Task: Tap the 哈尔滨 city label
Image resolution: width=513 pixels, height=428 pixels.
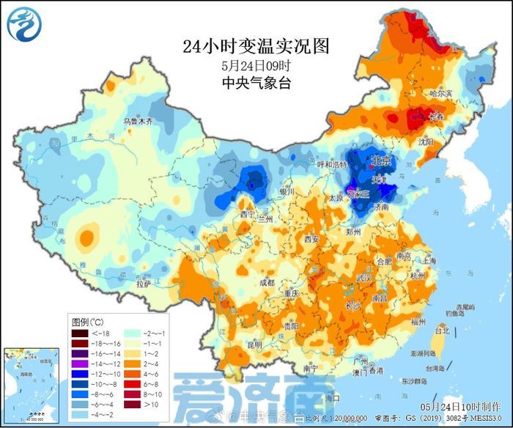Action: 442,94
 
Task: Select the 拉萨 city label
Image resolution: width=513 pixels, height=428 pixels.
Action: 144,282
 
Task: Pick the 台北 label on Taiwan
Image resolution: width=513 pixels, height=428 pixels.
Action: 442,331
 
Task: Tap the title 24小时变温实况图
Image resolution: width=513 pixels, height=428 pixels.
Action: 256,46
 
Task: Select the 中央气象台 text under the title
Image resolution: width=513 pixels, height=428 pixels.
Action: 256,83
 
